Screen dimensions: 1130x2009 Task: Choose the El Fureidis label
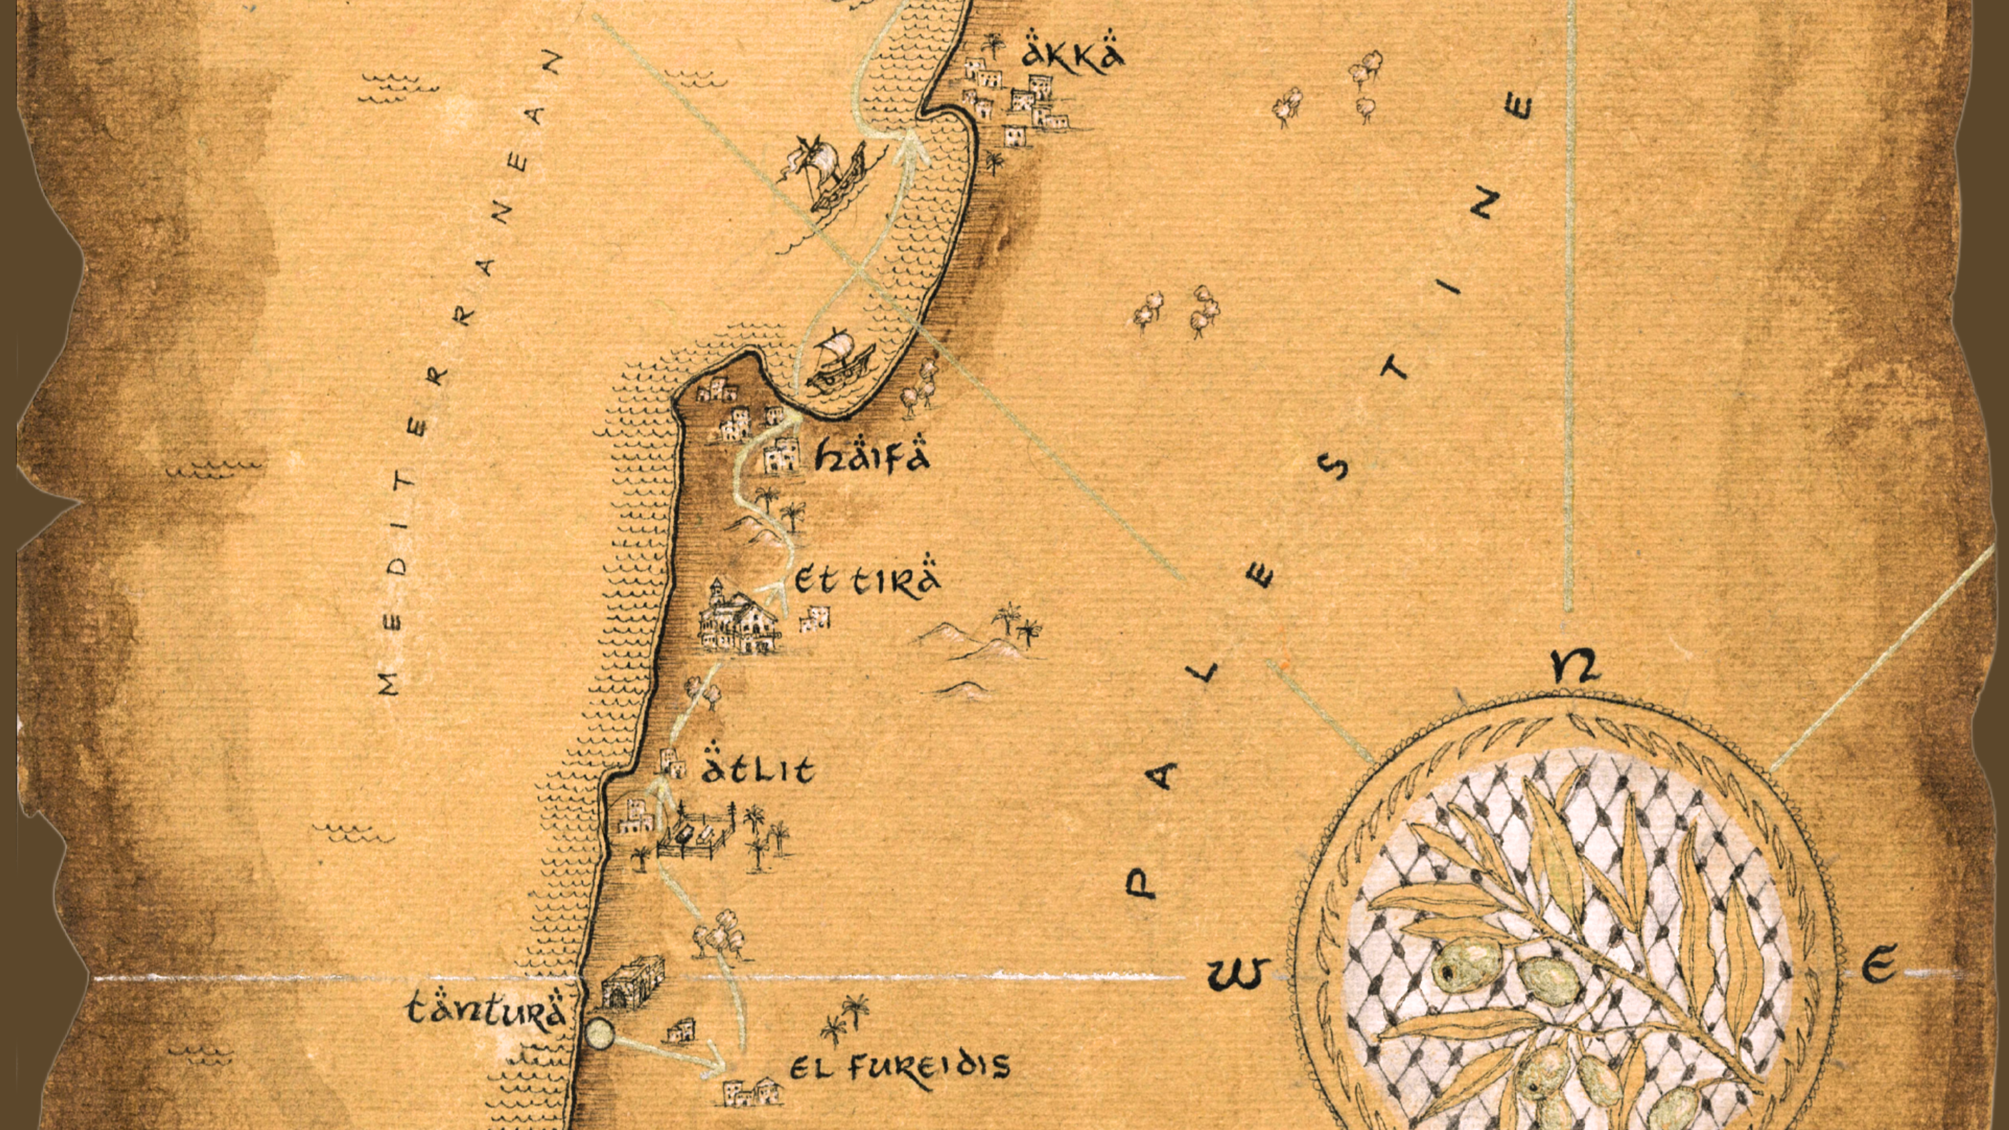tap(899, 1067)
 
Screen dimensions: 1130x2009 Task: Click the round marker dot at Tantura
tap(601, 1034)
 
